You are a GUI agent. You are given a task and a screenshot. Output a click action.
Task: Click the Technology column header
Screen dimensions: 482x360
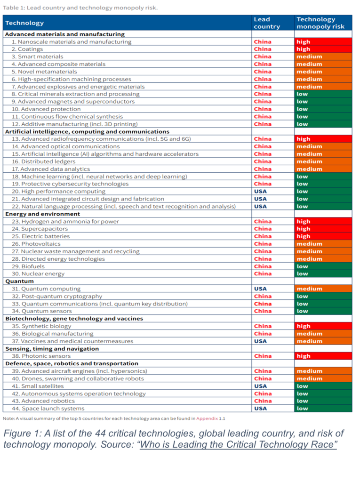click(x=24, y=23)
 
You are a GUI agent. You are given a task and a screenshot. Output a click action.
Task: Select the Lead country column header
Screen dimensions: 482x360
click(x=266, y=23)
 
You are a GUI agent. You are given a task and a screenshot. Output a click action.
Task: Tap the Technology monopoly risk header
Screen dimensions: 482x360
click(x=320, y=23)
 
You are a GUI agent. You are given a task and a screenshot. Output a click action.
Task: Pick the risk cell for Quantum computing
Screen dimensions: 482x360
click(x=323, y=289)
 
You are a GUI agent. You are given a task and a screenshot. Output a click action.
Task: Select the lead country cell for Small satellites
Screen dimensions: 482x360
click(x=260, y=386)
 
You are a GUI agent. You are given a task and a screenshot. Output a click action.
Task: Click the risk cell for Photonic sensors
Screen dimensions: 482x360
click(x=323, y=356)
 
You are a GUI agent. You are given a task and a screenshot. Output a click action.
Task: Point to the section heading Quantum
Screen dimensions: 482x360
click(x=19, y=281)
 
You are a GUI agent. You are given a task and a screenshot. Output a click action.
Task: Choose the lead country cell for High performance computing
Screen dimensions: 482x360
click(x=260, y=192)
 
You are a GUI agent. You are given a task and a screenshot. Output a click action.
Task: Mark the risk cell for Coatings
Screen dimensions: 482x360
click(x=323, y=49)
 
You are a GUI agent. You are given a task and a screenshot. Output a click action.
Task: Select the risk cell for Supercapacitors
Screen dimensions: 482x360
click(x=323, y=229)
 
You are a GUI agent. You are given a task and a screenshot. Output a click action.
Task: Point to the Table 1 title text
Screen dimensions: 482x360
click(x=80, y=8)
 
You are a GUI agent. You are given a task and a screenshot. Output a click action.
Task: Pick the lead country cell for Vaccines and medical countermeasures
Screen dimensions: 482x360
click(x=260, y=341)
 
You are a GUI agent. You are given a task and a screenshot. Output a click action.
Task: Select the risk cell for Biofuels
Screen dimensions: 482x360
click(x=323, y=266)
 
